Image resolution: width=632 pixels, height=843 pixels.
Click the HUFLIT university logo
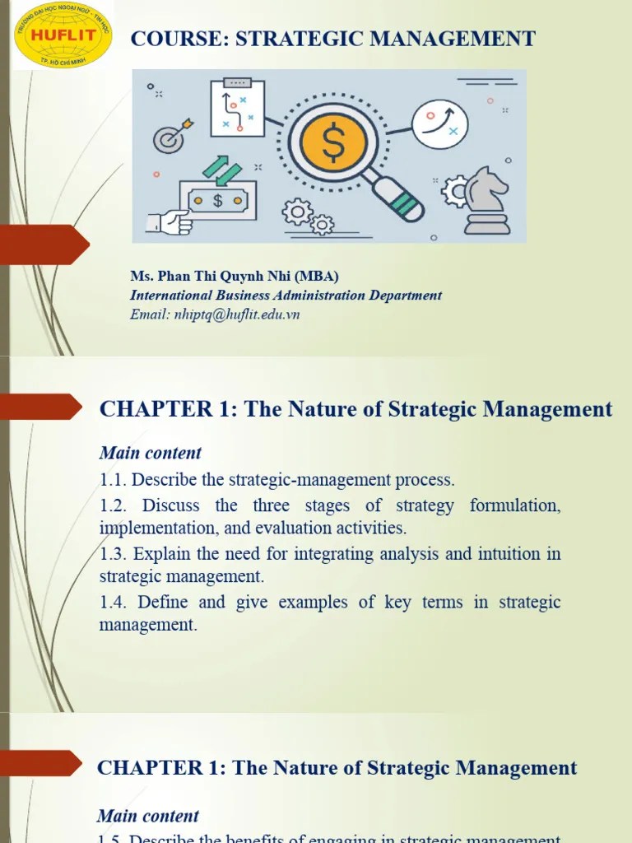coord(63,35)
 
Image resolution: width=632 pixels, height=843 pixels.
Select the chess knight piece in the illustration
coord(486,200)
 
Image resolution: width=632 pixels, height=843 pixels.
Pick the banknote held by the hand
coord(217,200)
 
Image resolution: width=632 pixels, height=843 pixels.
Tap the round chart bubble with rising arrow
coord(439,124)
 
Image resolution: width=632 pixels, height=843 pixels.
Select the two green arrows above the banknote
coord(221,170)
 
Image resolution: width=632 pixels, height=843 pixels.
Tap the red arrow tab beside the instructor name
coord(45,245)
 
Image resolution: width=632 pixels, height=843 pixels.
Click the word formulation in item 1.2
coord(515,505)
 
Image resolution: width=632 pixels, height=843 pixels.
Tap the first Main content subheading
coord(150,453)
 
